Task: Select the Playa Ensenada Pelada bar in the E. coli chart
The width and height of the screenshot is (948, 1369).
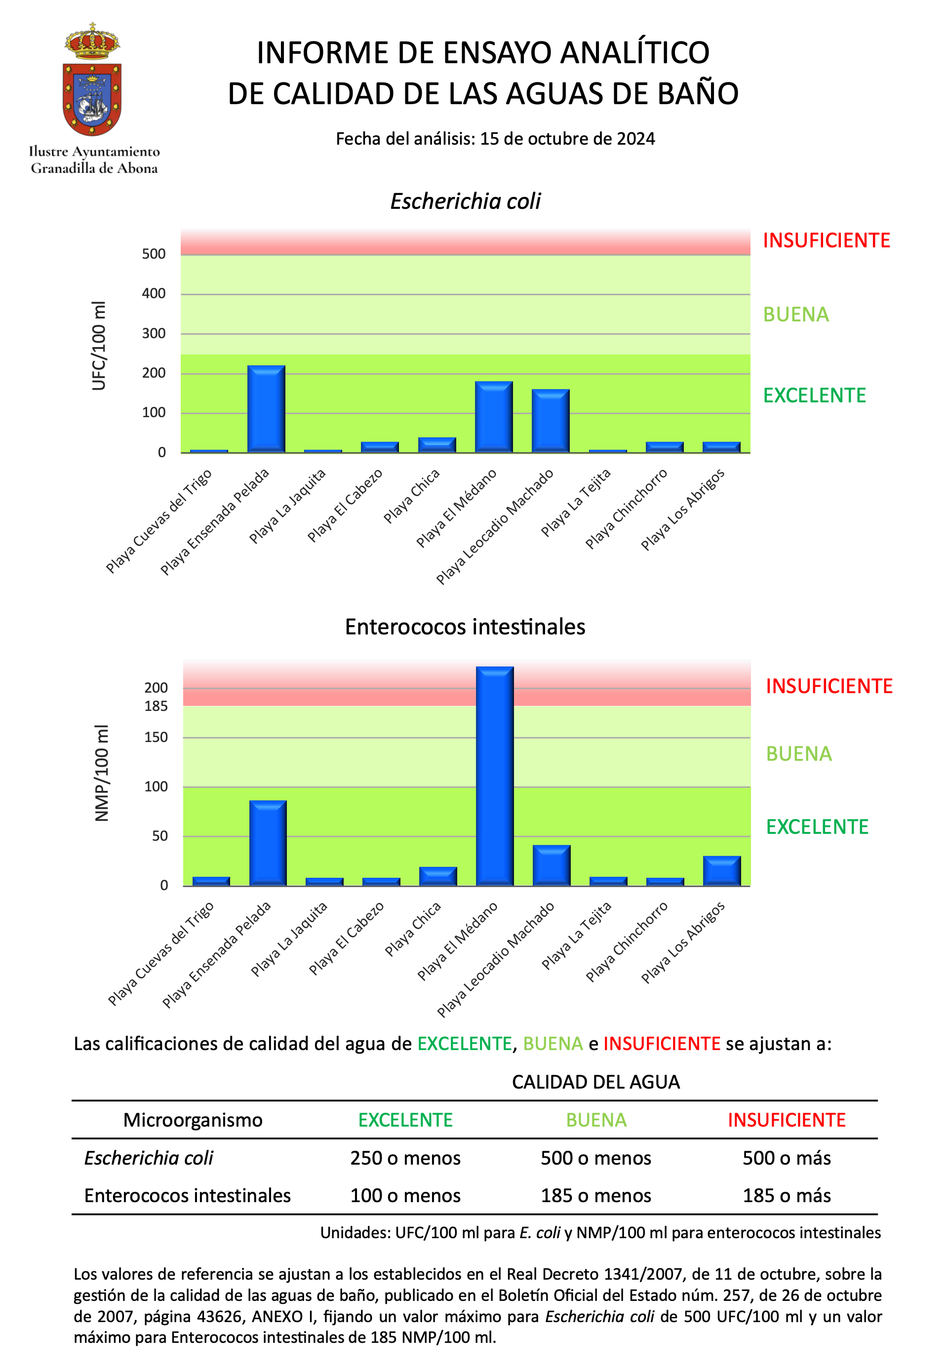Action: (266, 409)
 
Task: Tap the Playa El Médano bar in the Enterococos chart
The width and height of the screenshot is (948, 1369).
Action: (495, 776)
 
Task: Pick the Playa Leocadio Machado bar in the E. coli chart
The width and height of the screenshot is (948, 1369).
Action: (551, 421)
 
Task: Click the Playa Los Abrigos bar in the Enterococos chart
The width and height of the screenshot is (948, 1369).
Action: (722, 871)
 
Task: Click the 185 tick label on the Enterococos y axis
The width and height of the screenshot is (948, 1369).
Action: (156, 706)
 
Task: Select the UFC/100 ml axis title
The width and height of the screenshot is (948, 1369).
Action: (99, 346)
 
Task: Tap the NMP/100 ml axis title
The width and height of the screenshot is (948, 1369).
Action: (102, 773)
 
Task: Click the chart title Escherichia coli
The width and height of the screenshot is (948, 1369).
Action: (465, 201)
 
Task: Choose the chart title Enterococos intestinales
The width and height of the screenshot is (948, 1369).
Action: (465, 626)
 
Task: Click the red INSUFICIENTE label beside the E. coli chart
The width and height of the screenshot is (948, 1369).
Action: (826, 240)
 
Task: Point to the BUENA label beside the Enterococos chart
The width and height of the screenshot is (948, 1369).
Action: (799, 754)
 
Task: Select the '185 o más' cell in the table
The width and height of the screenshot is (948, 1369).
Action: (787, 1195)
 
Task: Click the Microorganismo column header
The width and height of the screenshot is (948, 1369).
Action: (193, 1120)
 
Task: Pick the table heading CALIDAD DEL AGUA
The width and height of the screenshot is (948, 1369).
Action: (596, 1082)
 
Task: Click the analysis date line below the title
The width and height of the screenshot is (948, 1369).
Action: (495, 138)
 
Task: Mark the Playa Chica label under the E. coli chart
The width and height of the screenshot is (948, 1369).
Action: (412, 496)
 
